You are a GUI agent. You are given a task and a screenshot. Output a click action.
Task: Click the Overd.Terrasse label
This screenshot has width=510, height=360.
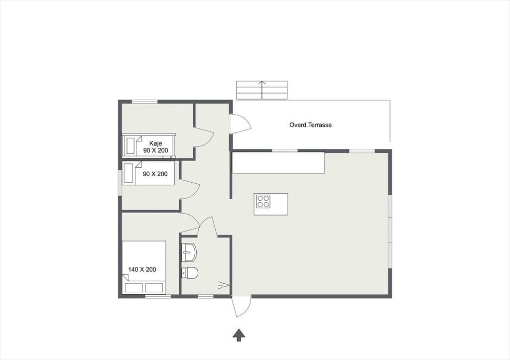point(310,125)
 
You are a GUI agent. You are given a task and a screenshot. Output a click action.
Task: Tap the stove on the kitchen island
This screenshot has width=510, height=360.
point(263,201)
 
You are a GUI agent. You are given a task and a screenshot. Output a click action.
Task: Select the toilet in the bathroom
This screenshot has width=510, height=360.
point(190,272)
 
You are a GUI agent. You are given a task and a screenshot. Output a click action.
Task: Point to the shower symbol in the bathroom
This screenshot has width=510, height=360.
point(224,285)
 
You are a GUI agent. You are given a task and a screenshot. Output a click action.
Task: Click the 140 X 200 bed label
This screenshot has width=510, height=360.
point(142,269)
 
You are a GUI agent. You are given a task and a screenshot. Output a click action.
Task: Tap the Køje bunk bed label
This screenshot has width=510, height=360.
point(156,143)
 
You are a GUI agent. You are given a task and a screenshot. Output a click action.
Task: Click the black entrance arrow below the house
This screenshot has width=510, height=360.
point(239,335)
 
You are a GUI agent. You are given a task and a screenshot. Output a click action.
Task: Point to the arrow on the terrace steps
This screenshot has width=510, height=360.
point(262,90)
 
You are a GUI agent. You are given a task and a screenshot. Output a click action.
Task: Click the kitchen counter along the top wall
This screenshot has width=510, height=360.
point(278,163)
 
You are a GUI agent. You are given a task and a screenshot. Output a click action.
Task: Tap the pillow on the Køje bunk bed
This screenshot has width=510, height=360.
point(130,145)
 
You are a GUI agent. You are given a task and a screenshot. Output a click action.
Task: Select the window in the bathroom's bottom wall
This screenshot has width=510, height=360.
point(206,296)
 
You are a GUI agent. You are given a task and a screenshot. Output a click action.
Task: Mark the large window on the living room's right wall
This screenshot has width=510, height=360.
point(390,232)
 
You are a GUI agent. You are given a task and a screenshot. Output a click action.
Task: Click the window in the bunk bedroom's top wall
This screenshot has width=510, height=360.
point(145,102)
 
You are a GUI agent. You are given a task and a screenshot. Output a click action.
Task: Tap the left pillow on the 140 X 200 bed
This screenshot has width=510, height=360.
point(134,287)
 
